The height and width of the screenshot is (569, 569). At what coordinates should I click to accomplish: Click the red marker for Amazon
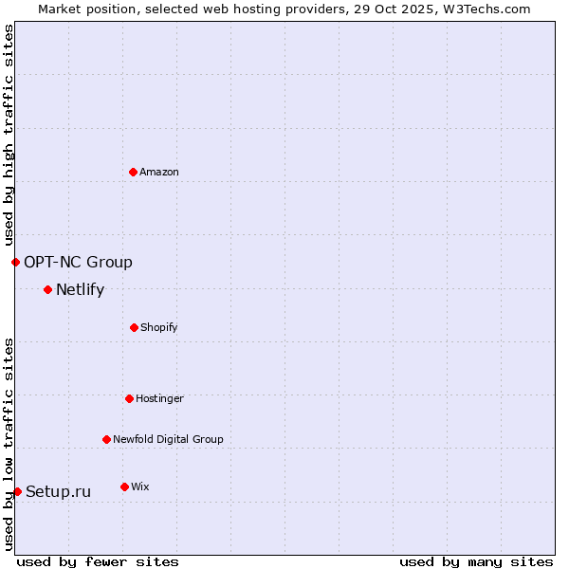point(133,172)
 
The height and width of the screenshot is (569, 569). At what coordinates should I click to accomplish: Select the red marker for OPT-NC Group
point(15,262)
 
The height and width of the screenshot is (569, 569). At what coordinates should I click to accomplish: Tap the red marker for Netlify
point(47,289)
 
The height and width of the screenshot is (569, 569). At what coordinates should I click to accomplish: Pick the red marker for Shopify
point(134,327)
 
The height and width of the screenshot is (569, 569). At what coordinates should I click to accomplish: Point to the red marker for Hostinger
point(129,398)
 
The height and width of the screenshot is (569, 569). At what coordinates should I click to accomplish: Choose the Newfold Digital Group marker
point(106,439)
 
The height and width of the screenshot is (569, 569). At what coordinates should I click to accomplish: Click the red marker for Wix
point(124,486)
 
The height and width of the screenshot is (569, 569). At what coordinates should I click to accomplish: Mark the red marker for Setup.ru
point(17,491)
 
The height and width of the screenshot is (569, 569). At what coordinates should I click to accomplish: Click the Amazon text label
point(159,172)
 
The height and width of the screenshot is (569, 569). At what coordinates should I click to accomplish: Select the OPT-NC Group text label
point(78,262)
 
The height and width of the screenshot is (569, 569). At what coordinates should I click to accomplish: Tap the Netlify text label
point(80,289)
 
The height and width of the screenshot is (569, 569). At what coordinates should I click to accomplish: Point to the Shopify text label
point(159,327)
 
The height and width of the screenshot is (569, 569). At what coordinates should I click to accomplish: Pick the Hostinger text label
point(159,398)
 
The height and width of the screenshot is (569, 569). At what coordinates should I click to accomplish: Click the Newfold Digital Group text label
point(168,439)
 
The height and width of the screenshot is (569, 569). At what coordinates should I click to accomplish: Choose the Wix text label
point(140,486)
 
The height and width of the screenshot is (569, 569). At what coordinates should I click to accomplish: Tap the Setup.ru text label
point(58,491)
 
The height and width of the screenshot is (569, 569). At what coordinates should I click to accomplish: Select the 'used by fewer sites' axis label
point(98,561)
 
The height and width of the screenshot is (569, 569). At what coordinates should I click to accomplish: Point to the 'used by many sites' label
point(476,561)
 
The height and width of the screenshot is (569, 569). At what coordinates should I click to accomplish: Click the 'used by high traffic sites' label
point(9,135)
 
